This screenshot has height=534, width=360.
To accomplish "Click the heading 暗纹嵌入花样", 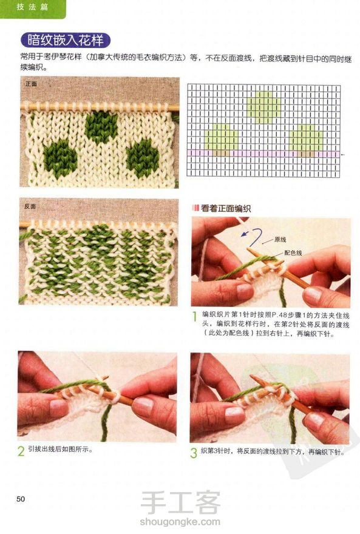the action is pos(66,41).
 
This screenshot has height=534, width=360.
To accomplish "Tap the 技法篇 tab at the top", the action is pos(32,7).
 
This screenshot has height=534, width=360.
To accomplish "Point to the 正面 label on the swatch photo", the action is pos(31,84).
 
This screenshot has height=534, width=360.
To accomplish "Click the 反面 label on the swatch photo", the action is pos(30,206).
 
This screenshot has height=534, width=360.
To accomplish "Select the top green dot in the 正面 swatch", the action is pos(101,126).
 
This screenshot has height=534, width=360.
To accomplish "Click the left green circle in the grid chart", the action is pos(222,137).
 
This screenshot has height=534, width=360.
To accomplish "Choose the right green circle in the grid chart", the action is pos(306,137).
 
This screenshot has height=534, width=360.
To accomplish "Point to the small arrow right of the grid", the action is pos(342,155).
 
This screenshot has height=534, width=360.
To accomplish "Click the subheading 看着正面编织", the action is pos(225,208).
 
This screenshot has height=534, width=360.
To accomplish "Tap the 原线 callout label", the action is pos(280,240).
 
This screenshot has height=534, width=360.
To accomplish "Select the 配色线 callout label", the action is pos(293,252).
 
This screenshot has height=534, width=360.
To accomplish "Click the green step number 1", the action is pos(194,317).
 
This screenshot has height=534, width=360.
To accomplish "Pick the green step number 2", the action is pos(21,451).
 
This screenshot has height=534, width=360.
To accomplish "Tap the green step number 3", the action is pos(194,453).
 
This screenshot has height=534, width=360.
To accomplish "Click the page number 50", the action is pos(21,499).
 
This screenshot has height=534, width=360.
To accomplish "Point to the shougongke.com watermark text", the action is pos(180,521).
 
